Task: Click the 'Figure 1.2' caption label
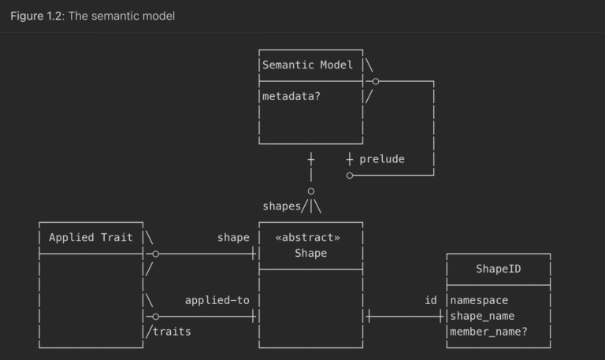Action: [x=38, y=16]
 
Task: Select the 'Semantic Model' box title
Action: [x=308, y=65]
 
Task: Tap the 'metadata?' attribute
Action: [x=291, y=96]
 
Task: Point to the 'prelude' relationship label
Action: [x=381, y=159]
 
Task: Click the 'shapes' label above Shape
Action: [x=281, y=206]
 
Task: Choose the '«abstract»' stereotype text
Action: [x=308, y=237]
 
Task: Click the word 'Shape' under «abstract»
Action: [x=310, y=253]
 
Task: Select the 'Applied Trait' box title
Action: [x=91, y=237]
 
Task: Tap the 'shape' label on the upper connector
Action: [x=233, y=237]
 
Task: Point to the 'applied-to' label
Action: [x=217, y=300]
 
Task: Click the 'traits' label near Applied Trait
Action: [x=172, y=332]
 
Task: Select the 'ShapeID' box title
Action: [x=498, y=269]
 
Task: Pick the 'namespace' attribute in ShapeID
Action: [x=479, y=300]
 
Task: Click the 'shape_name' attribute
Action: [x=482, y=316]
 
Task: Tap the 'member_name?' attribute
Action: [x=488, y=332]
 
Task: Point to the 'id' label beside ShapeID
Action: [x=431, y=300]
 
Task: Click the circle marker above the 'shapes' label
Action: [x=311, y=191]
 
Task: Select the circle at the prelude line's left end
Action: [x=350, y=175]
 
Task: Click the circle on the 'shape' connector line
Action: [x=156, y=254]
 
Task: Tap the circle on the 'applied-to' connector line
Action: [x=156, y=317]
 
